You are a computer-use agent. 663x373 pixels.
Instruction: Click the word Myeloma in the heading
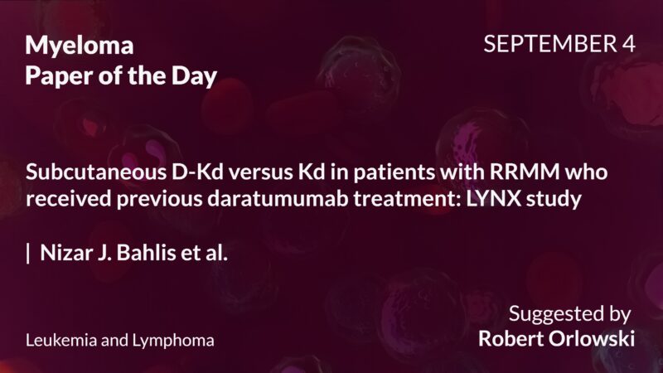tap(79, 46)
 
